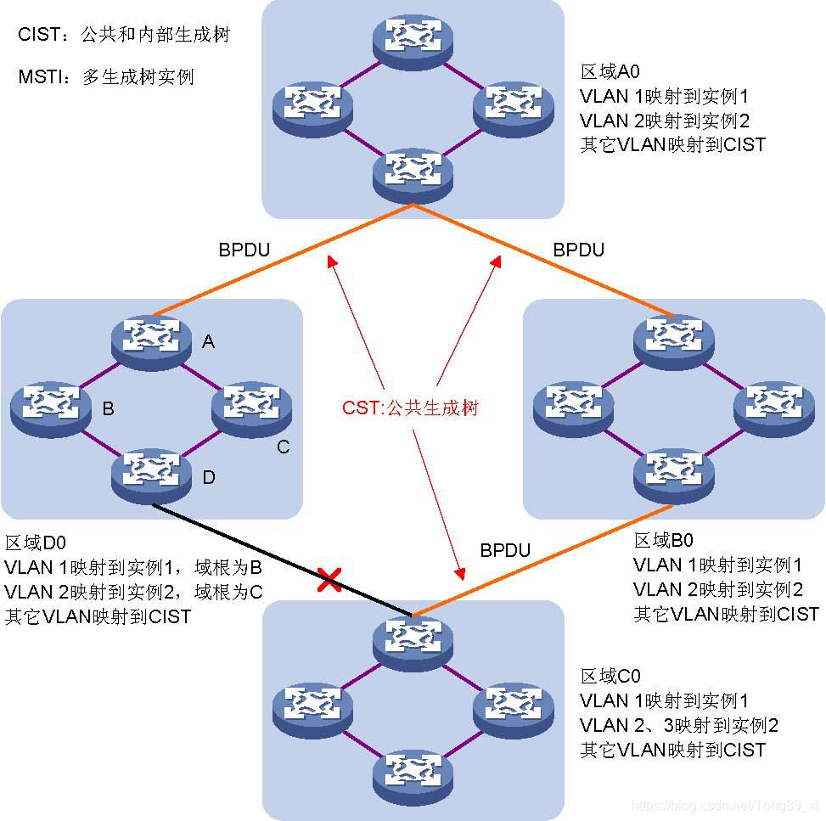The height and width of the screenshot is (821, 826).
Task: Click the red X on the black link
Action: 329,581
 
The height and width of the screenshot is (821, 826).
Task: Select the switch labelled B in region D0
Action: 48,405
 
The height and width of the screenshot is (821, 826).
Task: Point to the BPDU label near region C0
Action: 505,550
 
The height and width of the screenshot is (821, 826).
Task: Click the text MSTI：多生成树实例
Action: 107,77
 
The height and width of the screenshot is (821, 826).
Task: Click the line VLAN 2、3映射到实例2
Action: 679,725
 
